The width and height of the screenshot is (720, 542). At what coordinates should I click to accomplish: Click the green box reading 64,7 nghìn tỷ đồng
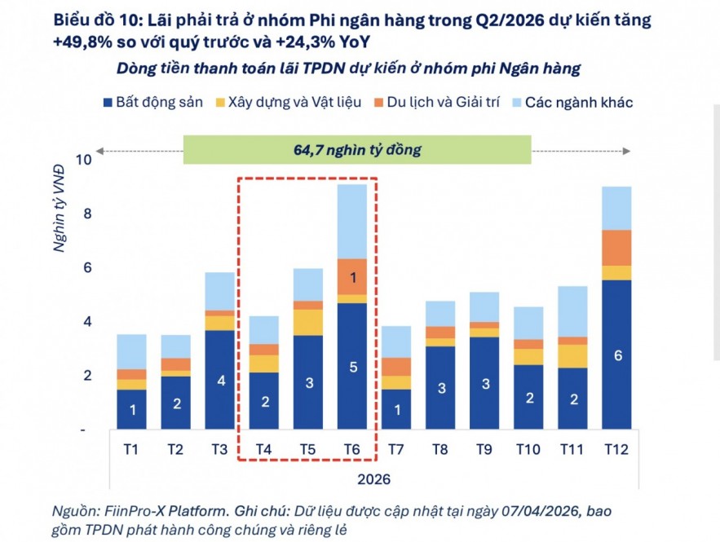click(x=356, y=150)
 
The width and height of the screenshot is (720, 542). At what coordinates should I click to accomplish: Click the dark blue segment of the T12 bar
click(x=615, y=355)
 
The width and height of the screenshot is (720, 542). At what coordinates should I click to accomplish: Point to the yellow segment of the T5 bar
click(x=307, y=322)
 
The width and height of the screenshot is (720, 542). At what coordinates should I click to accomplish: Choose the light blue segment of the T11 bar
click(x=571, y=311)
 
